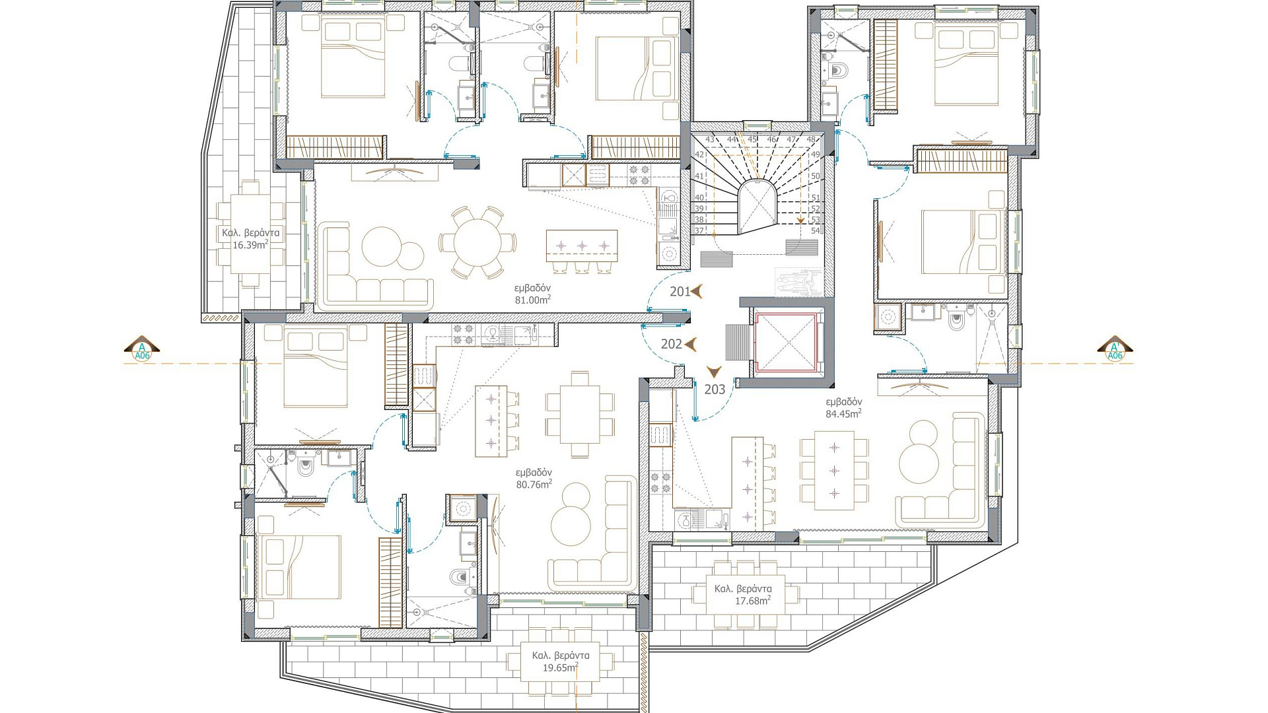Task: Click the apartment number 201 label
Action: point(680,291)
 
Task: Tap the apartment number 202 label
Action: point(671,344)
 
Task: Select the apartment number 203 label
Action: point(715,390)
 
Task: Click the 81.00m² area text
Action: point(533,300)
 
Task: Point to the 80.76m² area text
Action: point(534,484)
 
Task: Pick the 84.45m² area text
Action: point(843,414)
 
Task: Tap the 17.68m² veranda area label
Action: point(753,601)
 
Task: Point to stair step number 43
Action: point(710,139)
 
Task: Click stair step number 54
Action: point(815,230)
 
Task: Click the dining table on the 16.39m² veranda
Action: point(250,234)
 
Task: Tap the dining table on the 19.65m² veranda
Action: point(560,662)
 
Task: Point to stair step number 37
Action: point(699,230)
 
